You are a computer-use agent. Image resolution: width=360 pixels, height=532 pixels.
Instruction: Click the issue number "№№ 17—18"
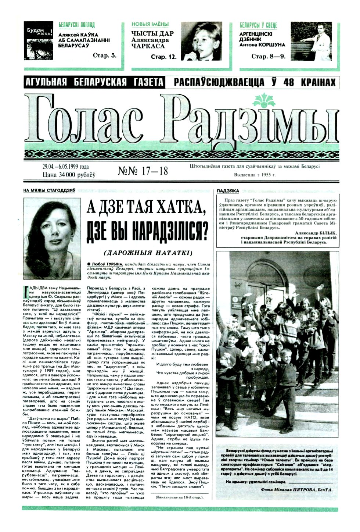coord(143,171)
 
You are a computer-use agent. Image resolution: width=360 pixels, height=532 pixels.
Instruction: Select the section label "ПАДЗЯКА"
coord(228,191)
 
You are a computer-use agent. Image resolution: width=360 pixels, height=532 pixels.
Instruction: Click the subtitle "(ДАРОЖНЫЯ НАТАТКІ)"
coord(148,253)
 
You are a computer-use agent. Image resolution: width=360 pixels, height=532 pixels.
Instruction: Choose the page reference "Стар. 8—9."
coord(268,56)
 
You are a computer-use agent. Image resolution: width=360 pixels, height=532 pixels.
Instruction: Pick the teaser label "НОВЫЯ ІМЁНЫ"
coord(150,25)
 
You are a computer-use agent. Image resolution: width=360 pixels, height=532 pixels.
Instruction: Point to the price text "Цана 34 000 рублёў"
coord(69,175)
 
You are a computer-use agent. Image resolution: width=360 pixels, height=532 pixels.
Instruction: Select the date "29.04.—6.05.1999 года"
coord(65,167)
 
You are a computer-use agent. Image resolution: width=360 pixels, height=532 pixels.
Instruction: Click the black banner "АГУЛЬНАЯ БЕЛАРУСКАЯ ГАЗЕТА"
coord(93,82)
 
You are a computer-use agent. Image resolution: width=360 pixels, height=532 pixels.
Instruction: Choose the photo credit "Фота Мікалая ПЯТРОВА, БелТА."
coord(296,490)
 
